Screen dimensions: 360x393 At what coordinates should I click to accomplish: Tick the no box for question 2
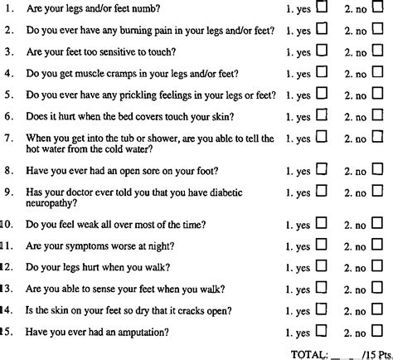point(377,30)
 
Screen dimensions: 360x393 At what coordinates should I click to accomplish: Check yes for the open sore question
point(323,171)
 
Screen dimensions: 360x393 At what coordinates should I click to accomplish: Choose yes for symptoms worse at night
point(323,246)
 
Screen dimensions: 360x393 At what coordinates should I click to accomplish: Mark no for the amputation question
point(377,332)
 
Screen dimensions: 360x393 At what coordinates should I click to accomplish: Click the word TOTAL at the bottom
point(309,353)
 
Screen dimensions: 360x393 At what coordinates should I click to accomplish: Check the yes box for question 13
point(323,289)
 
